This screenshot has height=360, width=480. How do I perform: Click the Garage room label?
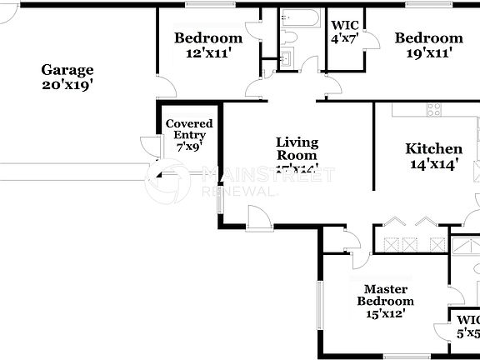tap(67, 70)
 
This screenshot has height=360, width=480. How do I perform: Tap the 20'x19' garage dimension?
tap(67, 84)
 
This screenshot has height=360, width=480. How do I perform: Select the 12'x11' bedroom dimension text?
tap(207, 52)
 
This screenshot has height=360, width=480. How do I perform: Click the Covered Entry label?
tap(189, 134)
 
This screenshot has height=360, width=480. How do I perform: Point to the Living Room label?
tap(297, 148)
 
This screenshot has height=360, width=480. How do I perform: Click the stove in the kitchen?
tap(435, 108)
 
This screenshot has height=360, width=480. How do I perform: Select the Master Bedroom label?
tap(385, 295)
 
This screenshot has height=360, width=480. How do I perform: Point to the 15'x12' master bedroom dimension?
tap(385, 314)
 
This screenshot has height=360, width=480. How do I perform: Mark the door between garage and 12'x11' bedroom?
tap(164, 84)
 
